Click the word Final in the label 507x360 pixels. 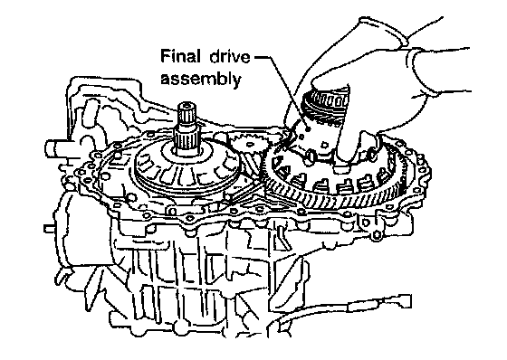click(x=180, y=57)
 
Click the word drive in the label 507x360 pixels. click(x=230, y=57)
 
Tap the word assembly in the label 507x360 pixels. click(x=201, y=79)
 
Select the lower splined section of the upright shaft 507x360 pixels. click(x=185, y=138)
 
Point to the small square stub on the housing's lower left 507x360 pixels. click(x=49, y=229)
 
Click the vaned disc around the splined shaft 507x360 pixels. click(x=187, y=168)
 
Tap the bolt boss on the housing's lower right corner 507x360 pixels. click(x=377, y=235)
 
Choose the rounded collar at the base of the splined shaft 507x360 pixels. click(x=187, y=152)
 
